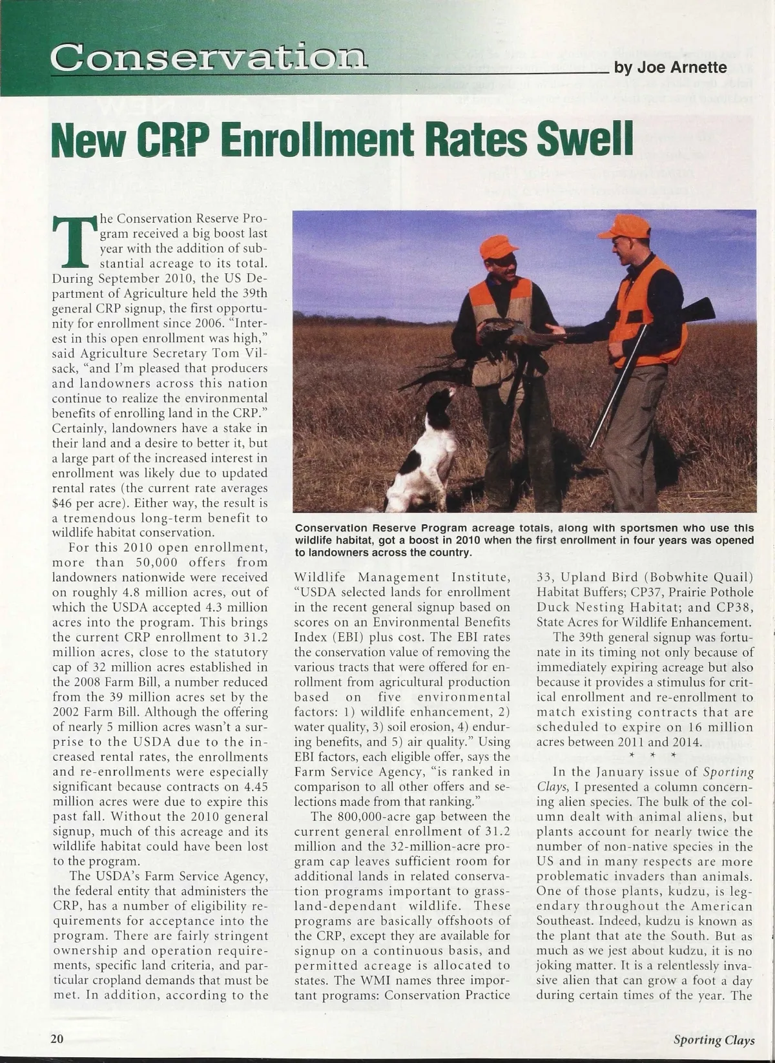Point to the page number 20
(57, 1038)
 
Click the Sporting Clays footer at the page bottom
(714, 1039)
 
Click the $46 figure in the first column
(63, 503)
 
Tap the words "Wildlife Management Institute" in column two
(402, 577)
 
